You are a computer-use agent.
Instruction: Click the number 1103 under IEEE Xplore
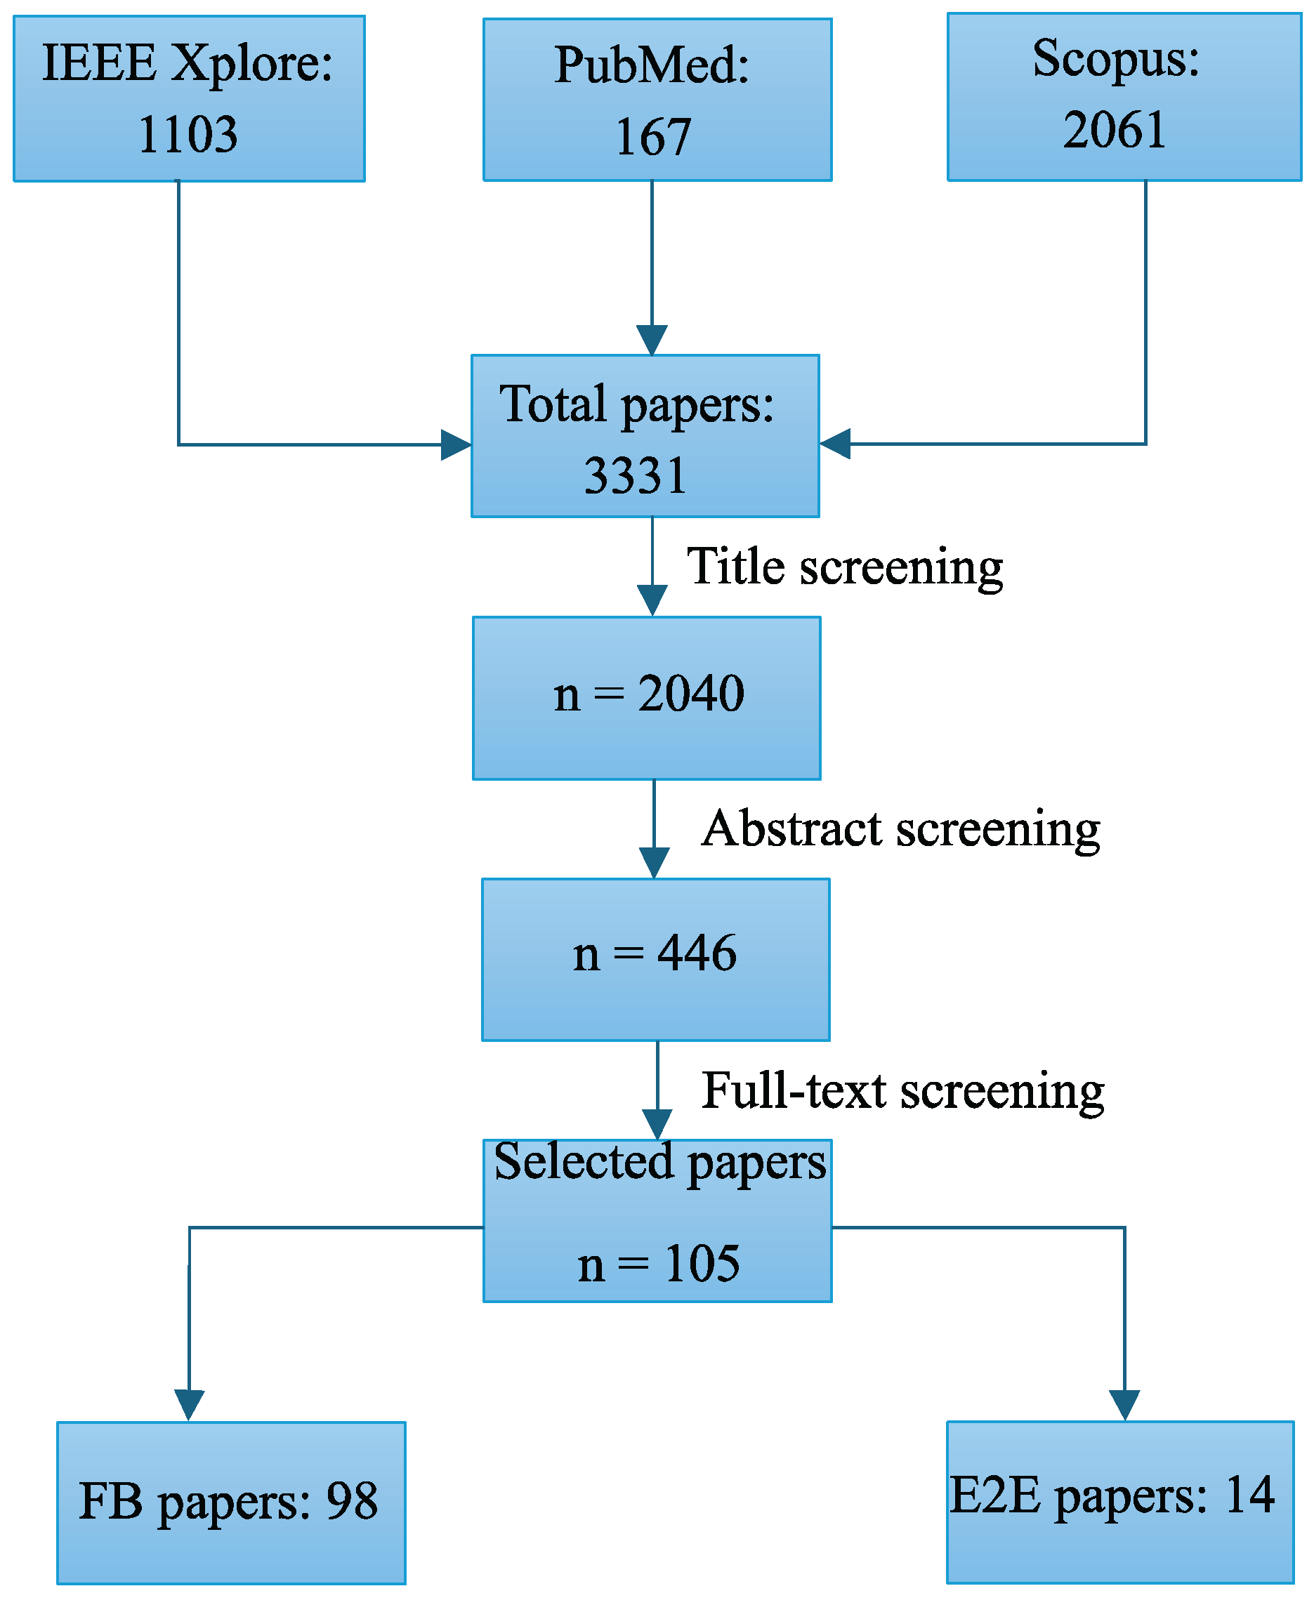pos(188,135)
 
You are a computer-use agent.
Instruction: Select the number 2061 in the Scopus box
pos(1114,129)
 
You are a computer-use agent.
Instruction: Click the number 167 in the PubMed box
pos(653,137)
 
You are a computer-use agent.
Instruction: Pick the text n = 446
pos(655,953)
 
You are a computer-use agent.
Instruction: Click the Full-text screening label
pos(902,1090)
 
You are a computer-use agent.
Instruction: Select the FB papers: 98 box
pos(231,1502)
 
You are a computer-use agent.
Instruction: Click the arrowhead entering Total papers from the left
pos(456,445)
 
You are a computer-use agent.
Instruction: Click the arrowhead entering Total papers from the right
pos(835,444)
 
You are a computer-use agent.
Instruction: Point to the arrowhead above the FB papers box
pos(189,1404)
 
